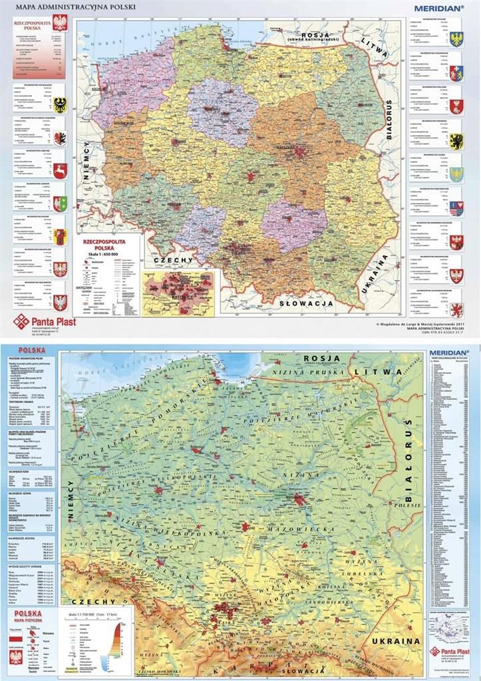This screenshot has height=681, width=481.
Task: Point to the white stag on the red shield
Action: [60, 171]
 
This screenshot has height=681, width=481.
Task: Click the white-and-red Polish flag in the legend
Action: [18, 638]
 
